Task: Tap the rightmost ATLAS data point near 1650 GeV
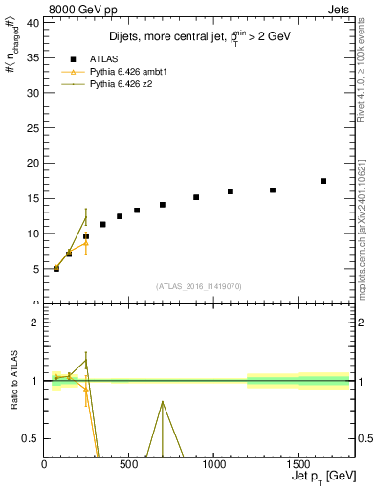point(323,181)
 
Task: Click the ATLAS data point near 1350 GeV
point(273,190)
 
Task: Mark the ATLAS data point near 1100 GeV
point(231,191)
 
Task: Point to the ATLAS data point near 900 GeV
point(196,197)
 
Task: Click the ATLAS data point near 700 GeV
point(163,205)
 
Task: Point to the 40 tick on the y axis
point(33,21)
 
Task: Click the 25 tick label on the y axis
point(33,127)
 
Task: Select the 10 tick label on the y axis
point(33,234)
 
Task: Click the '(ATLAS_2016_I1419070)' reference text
point(199,285)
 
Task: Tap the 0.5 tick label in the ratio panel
point(31,438)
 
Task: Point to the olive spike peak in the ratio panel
point(163,402)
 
